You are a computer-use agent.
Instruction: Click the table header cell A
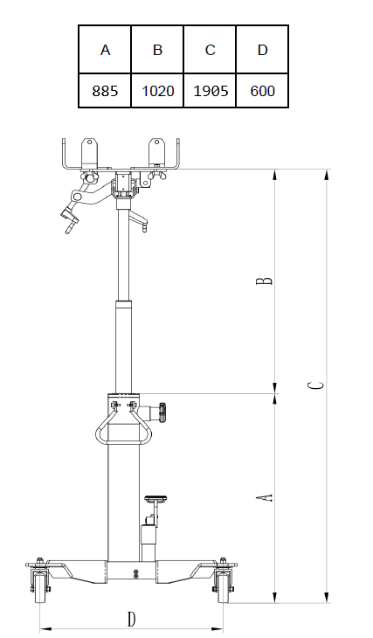(105, 50)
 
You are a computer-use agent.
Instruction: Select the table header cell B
(157, 50)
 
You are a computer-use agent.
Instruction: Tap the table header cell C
(210, 50)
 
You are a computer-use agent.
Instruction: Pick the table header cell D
(262, 50)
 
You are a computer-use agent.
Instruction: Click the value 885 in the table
(105, 91)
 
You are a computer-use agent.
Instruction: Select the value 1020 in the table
(157, 91)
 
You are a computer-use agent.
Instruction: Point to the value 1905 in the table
(210, 91)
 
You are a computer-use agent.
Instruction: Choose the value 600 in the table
(262, 91)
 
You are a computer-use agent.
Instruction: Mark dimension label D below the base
(131, 619)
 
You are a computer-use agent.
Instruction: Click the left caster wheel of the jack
(38, 591)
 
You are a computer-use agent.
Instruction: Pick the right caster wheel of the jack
(224, 591)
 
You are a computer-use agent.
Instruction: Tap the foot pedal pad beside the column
(155, 497)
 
